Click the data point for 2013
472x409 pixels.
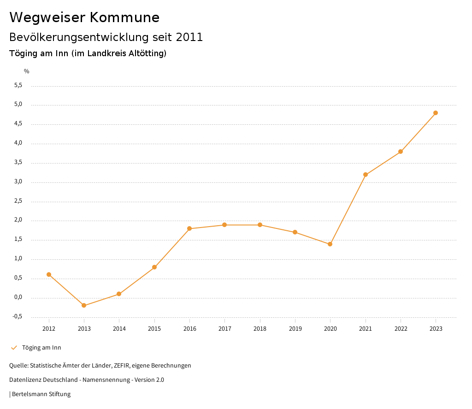(84, 305)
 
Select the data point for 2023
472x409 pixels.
(436, 113)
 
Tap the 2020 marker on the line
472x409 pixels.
(330, 244)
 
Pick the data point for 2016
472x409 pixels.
(189, 228)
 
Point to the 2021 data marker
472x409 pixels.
(366, 175)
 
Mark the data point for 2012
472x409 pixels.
(49, 275)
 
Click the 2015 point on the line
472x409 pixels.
(154, 267)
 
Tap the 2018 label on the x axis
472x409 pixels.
(260, 328)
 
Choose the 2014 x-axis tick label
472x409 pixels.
(119, 328)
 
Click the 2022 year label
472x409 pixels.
(401, 328)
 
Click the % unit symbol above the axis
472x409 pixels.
(27, 71)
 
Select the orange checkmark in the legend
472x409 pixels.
(14, 348)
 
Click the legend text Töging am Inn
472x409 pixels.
(41, 348)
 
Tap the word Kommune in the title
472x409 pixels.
(124, 18)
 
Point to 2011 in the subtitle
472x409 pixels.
(189, 37)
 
